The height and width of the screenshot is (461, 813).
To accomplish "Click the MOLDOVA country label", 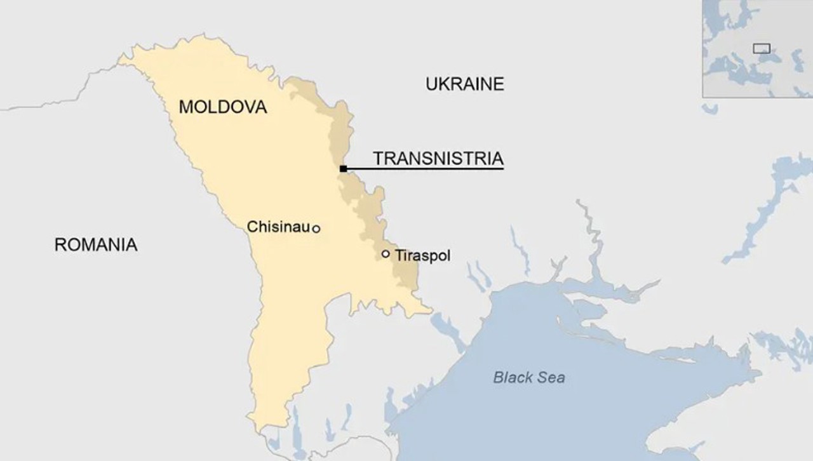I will tap(222, 107).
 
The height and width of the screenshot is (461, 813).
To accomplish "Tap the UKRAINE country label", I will tap(465, 84).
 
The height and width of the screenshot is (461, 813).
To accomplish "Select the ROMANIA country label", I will tap(96, 244).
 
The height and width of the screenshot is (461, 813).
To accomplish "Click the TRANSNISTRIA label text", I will tap(438, 158).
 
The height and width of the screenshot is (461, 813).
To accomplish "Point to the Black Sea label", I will tap(529, 378).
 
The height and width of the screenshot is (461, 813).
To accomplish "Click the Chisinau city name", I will tap(278, 227).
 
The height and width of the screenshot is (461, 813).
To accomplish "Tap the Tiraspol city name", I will tap(422, 256).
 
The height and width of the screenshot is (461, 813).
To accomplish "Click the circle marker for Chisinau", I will tap(316, 229).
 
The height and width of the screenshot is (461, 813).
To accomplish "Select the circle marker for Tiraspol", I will tap(386, 254).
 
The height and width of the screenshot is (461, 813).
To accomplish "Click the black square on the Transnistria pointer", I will tap(343, 169).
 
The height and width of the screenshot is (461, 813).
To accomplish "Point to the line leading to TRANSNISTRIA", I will tap(426, 169).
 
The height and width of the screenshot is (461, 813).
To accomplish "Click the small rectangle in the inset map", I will tap(762, 48).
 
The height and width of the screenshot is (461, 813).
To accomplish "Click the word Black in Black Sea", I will tap(511, 378).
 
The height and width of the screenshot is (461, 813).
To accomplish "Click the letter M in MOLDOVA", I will tap(186, 107).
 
